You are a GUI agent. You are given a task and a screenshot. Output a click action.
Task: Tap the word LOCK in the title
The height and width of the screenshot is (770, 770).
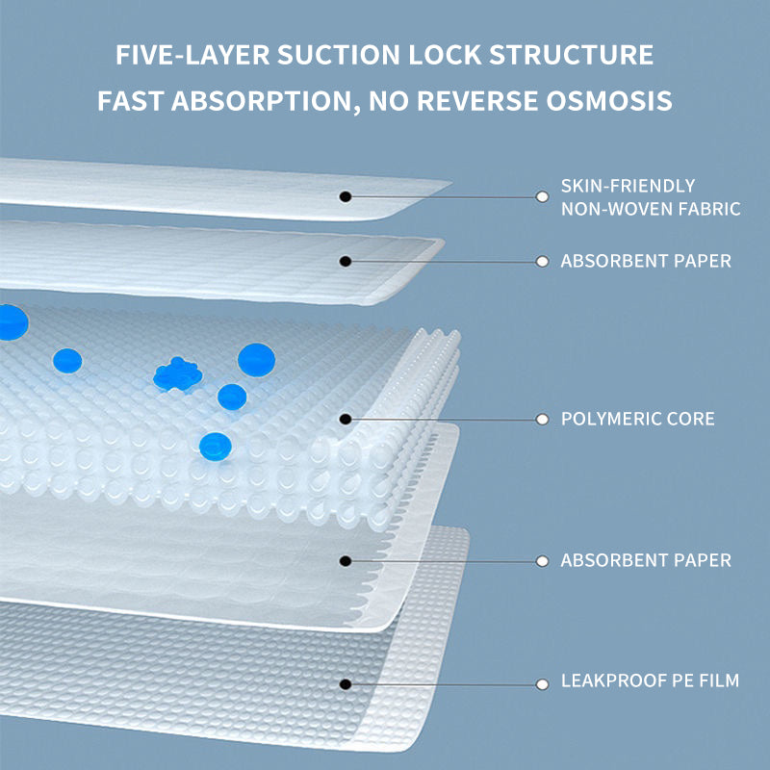(427, 54)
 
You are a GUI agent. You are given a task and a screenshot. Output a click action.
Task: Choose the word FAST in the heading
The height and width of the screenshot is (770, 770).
(133, 101)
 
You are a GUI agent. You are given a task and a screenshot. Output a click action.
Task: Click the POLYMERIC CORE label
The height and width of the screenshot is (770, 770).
(638, 419)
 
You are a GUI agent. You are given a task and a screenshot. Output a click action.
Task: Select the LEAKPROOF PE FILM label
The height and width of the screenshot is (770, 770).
(651, 680)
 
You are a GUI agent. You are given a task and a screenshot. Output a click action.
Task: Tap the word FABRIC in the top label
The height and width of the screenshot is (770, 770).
(708, 208)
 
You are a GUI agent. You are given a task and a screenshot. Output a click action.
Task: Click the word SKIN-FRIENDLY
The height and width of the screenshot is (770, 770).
(629, 186)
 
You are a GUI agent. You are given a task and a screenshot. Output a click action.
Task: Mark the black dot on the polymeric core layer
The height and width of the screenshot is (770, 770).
(346, 419)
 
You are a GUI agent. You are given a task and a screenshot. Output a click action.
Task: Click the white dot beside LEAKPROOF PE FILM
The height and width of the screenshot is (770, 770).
(542, 683)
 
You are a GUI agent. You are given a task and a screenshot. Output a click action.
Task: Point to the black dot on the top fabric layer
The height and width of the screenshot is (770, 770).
(346, 196)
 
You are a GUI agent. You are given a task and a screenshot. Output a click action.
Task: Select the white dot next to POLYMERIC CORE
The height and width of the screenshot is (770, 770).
(542, 419)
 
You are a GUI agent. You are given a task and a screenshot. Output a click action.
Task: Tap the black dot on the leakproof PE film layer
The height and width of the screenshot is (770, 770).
(346, 683)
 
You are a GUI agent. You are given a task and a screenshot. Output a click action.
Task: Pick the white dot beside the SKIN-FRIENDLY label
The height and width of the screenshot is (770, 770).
(542, 196)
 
